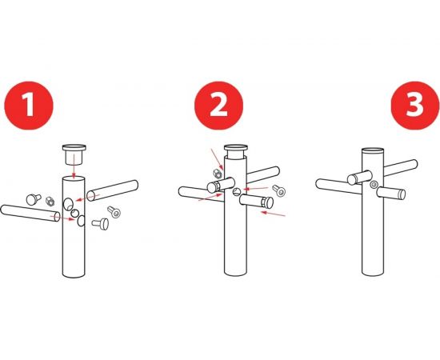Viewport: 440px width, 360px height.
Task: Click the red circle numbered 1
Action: pos(29,106)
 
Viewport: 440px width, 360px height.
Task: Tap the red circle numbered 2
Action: pos(219,106)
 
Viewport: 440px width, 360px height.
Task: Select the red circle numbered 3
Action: pos(415,106)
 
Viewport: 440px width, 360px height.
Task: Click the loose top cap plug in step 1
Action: pos(74,154)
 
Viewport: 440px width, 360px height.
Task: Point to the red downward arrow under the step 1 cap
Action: pos(74,166)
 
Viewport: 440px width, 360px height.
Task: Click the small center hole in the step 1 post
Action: pos(74,214)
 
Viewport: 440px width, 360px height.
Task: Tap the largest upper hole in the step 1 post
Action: pos(68,204)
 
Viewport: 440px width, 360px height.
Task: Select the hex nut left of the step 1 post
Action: pos(50,201)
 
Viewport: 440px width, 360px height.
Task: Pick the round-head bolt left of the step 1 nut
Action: pos(34,199)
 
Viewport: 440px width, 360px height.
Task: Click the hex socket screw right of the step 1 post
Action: pos(114,212)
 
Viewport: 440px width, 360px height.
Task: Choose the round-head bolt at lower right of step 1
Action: pos(101,224)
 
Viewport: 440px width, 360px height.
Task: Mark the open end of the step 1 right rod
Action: pos(90,195)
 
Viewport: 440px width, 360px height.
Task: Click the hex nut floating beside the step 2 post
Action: pos(217,174)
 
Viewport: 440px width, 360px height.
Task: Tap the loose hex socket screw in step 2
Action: pos(279,190)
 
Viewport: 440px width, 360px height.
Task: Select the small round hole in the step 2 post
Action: pos(237,192)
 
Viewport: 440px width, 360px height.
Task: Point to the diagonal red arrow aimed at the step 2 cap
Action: pos(217,159)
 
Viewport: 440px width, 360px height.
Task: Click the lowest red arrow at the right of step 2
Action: pos(273,214)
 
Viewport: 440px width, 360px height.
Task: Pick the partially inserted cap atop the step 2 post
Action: pos(236,152)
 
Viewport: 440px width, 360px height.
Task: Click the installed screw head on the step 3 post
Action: pos(374,185)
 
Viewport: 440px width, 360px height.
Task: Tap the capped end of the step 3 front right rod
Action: pos(402,194)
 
